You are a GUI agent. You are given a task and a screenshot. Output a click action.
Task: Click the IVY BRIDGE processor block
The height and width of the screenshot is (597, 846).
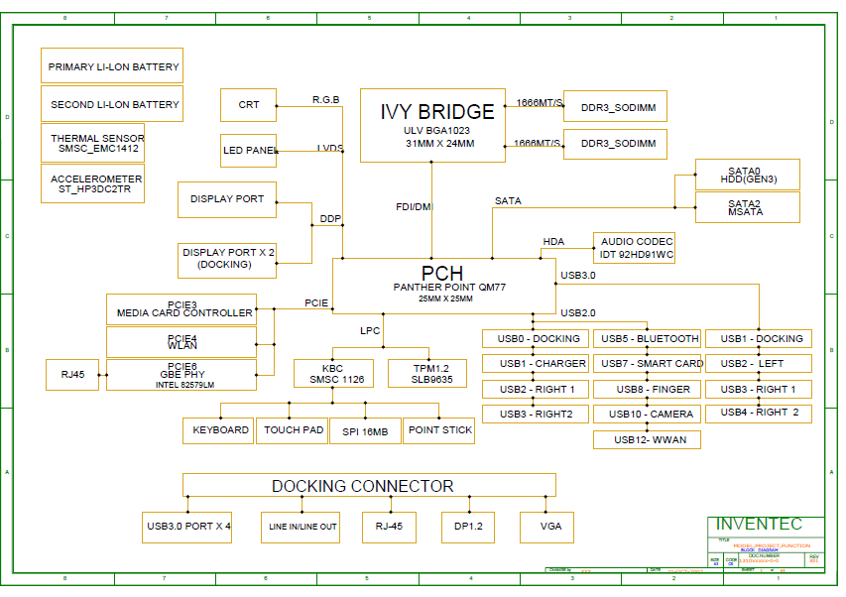click(x=431, y=125)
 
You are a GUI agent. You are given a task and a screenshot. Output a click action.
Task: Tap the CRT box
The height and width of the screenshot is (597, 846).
click(x=248, y=105)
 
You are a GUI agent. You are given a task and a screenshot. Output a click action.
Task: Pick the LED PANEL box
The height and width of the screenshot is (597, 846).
click(x=248, y=150)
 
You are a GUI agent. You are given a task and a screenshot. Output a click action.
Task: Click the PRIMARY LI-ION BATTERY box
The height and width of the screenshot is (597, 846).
click(x=112, y=65)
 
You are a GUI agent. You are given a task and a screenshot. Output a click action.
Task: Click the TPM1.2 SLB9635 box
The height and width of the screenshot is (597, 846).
click(x=426, y=373)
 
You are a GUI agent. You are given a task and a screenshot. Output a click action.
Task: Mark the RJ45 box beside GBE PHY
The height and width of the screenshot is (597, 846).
click(x=72, y=375)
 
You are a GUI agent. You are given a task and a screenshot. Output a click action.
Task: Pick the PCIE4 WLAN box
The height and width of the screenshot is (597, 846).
click(x=181, y=342)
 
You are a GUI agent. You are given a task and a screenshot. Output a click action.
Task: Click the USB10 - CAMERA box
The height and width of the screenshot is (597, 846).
click(x=647, y=414)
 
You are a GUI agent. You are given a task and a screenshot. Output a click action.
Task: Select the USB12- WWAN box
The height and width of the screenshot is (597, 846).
click(x=647, y=439)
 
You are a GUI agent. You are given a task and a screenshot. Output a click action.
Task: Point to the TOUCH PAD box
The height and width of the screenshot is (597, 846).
click(x=294, y=430)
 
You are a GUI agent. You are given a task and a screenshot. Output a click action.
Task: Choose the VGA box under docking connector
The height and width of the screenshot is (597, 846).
click(x=546, y=527)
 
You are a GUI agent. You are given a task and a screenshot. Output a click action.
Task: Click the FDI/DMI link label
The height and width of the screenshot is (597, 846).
click(x=415, y=206)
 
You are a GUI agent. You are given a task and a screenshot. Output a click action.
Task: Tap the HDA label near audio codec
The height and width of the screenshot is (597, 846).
click(x=553, y=242)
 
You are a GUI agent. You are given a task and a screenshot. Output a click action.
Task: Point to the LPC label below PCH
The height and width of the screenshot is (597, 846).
click(x=370, y=331)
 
